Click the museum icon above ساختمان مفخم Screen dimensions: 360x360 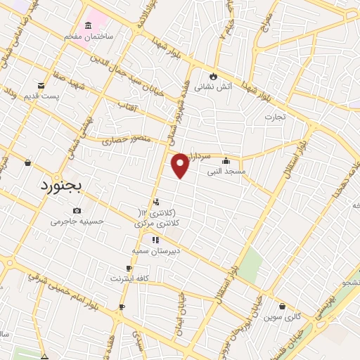point(87,25)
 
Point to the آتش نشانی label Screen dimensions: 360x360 point(212,89)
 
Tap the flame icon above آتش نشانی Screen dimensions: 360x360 point(212,77)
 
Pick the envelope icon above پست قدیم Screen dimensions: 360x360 point(41,85)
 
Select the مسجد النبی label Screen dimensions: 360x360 point(225,172)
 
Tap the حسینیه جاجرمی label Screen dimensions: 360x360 point(77,221)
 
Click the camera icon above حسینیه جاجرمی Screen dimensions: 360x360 point(77,210)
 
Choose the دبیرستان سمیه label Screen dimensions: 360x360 point(156,250)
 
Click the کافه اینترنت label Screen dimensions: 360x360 point(128,278)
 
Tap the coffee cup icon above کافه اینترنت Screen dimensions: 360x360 point(129,268)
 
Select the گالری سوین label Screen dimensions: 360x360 point(283,317)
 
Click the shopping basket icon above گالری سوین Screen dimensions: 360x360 point(283,307)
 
